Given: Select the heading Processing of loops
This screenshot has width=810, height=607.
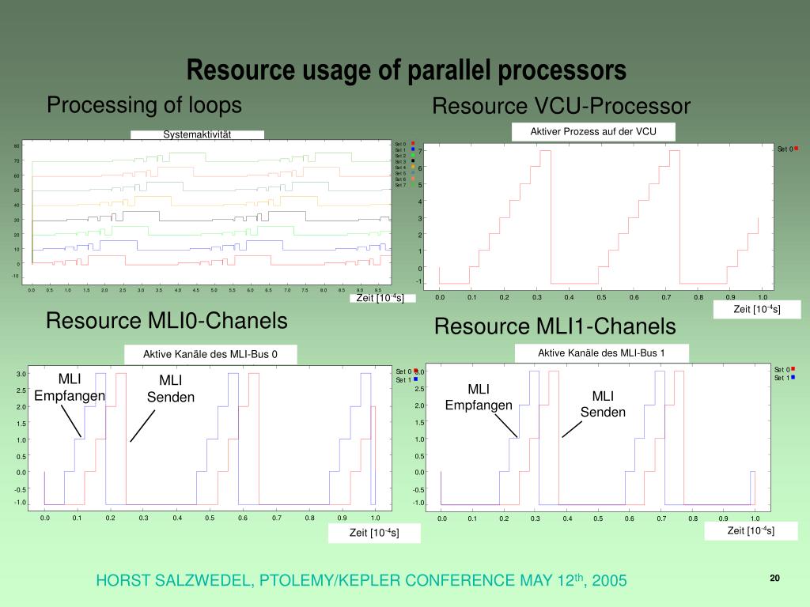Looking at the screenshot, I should pyautogui.click(x=144, y=105).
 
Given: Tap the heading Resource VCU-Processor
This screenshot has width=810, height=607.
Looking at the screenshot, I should pyautogui.click(x=561, y=106).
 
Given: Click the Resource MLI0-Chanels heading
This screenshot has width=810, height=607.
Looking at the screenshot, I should pyautogui.click(x=166, y=321).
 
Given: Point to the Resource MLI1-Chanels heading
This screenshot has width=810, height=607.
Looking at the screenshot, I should pyautogui.click(x=555, y=326).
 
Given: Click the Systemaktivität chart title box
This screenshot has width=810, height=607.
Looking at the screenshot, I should pyautogui.click(x=197, y=134).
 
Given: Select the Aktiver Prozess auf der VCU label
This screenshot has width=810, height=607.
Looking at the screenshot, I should pyautogui.click(x=593, y=131).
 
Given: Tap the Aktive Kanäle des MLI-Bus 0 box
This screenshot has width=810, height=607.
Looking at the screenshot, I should pyautogui.click(x=210, y=354).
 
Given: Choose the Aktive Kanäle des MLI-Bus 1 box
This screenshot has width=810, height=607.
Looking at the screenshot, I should pyautogui.click(x=601, y=353).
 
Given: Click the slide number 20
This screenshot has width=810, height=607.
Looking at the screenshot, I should pyautogui.click(x=774, y=579).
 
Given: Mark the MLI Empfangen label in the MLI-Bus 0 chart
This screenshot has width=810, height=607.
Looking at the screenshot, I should pyautogui.click(x=70, y=387).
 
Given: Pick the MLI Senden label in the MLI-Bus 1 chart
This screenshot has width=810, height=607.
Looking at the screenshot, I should pyautogui.click(x=603, y=404).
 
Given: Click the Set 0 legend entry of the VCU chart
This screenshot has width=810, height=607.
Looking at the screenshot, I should pyautogui.click(x=787, y=149).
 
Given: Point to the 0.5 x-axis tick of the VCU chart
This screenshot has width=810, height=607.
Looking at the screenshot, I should pyautogui.click(x=601, y=297).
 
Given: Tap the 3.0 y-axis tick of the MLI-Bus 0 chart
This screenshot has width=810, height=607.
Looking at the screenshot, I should pyautogui.click(x=21, y=374).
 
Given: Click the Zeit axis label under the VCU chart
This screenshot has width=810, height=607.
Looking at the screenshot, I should pyautogui.click(x=756, y=309).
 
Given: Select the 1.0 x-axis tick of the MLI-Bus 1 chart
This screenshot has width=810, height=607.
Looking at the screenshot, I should pyautogui.click(x=755, y=518).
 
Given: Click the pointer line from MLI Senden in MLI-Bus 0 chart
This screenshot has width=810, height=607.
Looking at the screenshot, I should pyautogui.click(x=142, y=427).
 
